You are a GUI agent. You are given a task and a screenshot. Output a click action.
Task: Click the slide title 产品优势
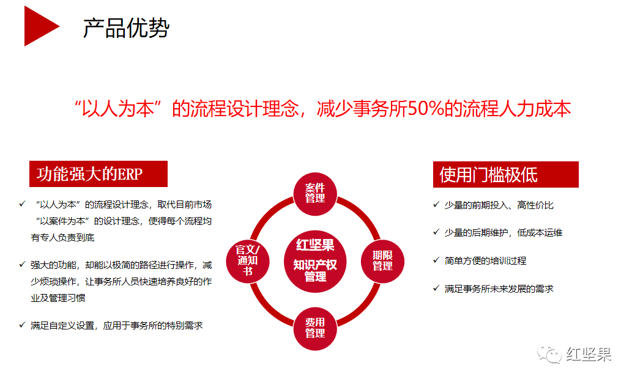click(126, 28)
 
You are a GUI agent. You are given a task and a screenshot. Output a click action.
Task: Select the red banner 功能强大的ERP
click(99, 174)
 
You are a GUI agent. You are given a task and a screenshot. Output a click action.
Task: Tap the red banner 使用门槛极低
click(506, 175)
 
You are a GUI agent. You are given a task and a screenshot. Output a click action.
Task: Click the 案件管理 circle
click(315, 194)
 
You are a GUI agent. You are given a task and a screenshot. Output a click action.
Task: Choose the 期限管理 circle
click(382, 261)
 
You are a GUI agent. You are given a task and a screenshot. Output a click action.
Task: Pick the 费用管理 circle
click(315, 328)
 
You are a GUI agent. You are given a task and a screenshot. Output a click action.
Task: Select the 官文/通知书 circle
click(248, 261)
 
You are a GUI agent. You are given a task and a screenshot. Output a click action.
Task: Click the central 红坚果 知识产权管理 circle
click(315, 261)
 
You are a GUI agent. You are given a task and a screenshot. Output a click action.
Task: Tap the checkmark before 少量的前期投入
click(436, 205)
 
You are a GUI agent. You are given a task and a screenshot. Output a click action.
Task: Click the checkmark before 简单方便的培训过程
click(436, 260)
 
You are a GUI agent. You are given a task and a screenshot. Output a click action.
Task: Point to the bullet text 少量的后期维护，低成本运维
click(504, 233)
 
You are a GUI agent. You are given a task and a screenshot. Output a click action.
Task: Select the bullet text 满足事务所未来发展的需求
click(499, 288)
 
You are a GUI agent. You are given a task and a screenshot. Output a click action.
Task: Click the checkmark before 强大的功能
click(22, 265)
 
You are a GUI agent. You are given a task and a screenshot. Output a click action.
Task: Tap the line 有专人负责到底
click(62, 238)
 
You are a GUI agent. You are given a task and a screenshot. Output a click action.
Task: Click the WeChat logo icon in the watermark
click(549, 354)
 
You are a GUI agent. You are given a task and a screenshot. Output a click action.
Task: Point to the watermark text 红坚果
click(589, 354)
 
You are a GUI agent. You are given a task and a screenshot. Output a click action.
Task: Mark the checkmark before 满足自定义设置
click(22, 325)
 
